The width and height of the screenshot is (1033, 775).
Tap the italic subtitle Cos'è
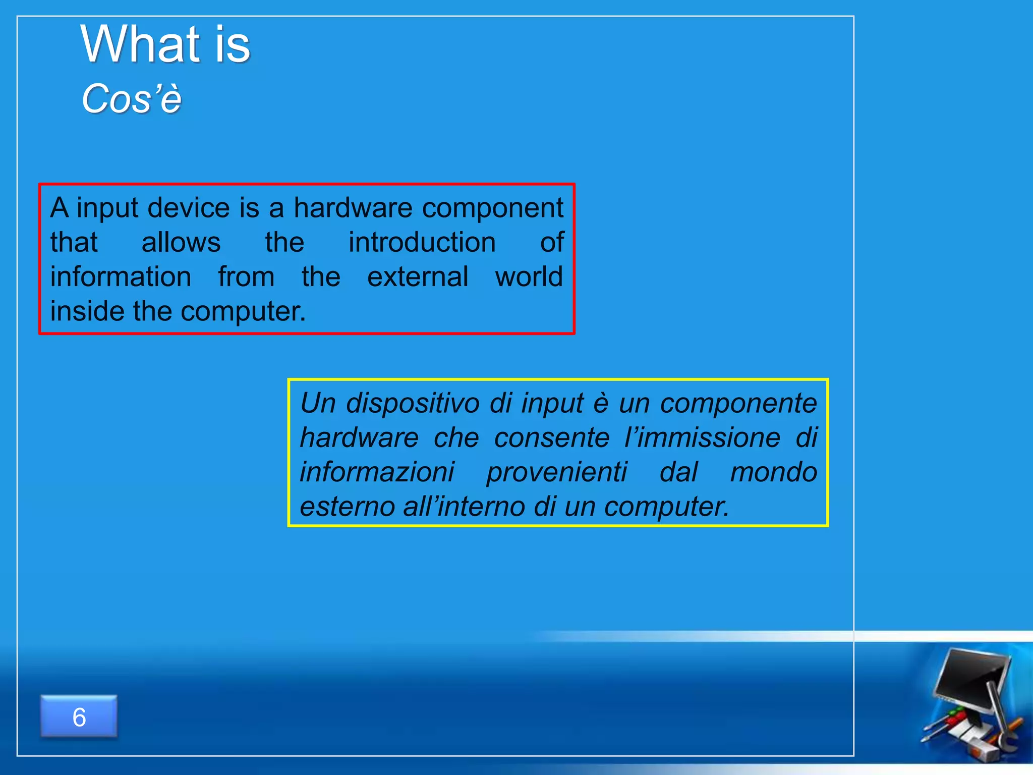pos(131,99)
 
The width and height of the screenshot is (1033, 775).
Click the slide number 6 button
pos(79,717)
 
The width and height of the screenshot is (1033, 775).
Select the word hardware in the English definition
pos(353,208)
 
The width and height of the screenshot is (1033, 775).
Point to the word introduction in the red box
pos(422,243)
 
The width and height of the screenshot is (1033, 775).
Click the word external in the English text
pos(418,277)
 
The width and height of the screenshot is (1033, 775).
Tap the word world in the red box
pos(529,277)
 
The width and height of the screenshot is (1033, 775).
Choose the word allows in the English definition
pos(181,243)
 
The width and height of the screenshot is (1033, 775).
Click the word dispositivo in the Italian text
pos(413,404)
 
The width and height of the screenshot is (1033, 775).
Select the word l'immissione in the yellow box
pos(702,437)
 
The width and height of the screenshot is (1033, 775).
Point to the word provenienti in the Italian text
pos(556,472)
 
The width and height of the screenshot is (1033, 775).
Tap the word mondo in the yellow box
pos(773,472)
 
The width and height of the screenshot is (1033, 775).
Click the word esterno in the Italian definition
pos(347,507)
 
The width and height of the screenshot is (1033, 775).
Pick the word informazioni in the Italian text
pos(377,472)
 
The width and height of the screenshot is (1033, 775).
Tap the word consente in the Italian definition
pos(552,437)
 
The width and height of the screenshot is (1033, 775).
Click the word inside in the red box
pos(87,311)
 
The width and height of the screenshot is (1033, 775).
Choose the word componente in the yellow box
pos(738,404)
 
